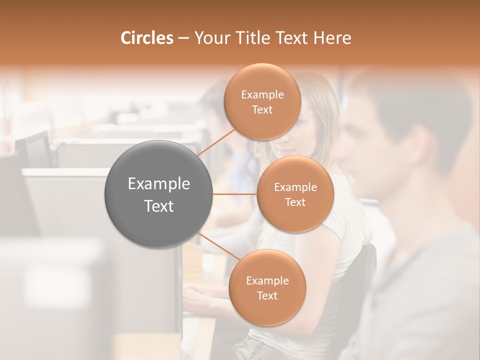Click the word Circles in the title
[147, 38]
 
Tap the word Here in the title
[331, 38]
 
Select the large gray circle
[159, 194]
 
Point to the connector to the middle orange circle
[235, 194]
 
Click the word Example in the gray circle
[159, 183]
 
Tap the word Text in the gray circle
[159, 206]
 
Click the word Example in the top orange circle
[262, 95]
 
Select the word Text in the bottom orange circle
[267, 296]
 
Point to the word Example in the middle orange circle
[295, 187]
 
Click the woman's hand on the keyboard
[192, 295]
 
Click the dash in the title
[183, 38]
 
